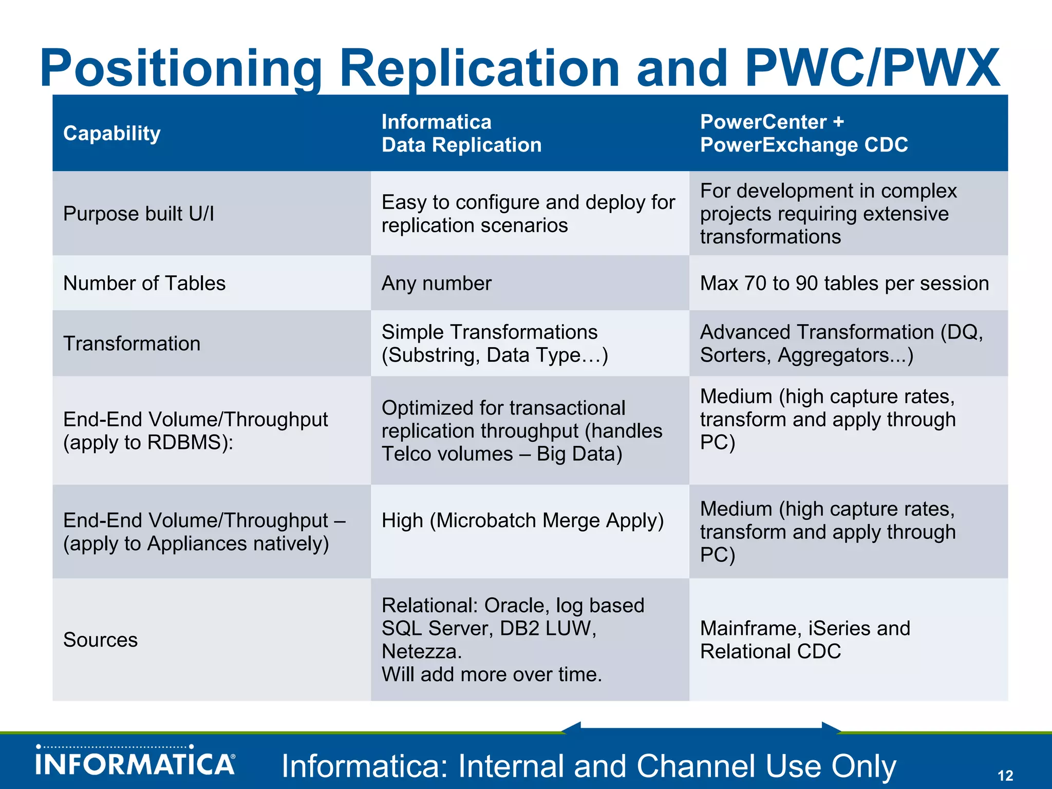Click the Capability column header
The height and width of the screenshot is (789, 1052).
(x=112, y=134)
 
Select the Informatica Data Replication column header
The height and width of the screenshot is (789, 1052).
(x=461, y=134)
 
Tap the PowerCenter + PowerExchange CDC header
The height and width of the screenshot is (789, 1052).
(x=804, y=134)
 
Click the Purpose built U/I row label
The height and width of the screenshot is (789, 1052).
(x=139, y=214)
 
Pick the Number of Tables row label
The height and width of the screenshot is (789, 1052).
(x=144, y=284)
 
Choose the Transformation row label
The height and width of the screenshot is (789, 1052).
(x=132, y=344)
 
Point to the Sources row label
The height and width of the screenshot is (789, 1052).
(x=101, y=640)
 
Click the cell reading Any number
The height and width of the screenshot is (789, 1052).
(x=437, y=284)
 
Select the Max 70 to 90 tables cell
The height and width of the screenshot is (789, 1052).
(x=844, y=284)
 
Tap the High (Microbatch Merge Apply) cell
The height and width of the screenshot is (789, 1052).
(x=522, y=521)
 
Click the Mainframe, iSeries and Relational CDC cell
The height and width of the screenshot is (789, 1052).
(x=805, y=640)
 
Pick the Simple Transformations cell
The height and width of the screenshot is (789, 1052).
(x=494, y=344)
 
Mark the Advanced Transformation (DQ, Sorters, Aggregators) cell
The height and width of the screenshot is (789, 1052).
(x=841, y=344)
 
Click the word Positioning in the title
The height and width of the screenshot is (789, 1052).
(x=181, y=69)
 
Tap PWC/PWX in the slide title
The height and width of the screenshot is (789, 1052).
(x=872, y=69)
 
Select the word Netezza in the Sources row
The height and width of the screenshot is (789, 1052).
(x=421, y=652)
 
